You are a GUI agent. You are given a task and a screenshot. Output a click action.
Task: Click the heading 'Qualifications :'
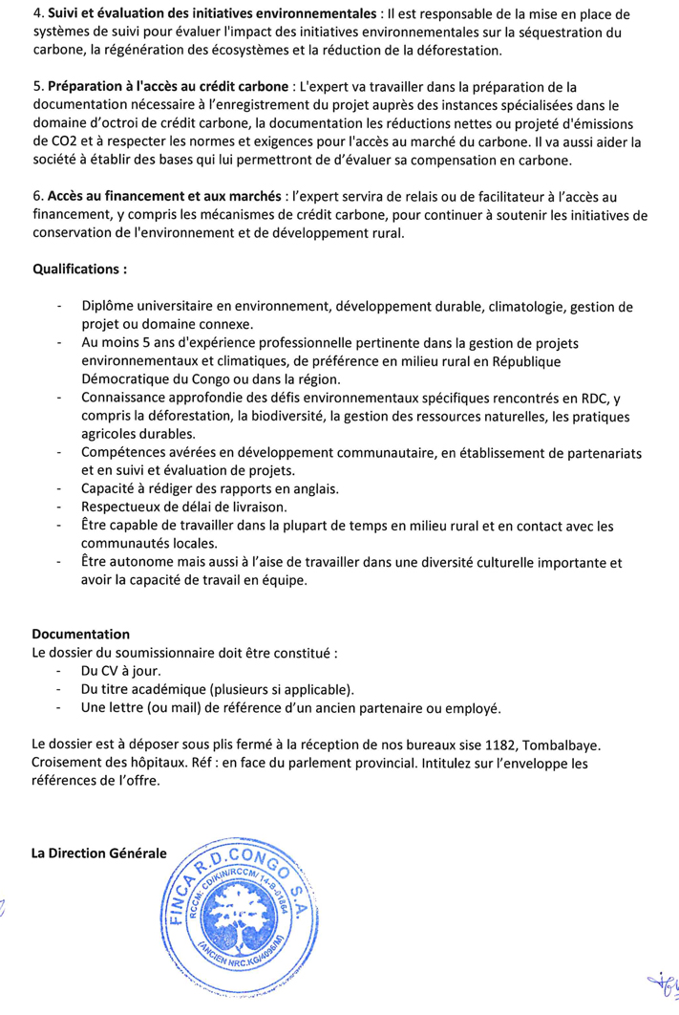point(80,269)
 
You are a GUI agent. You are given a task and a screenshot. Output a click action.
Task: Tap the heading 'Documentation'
point(81,634)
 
